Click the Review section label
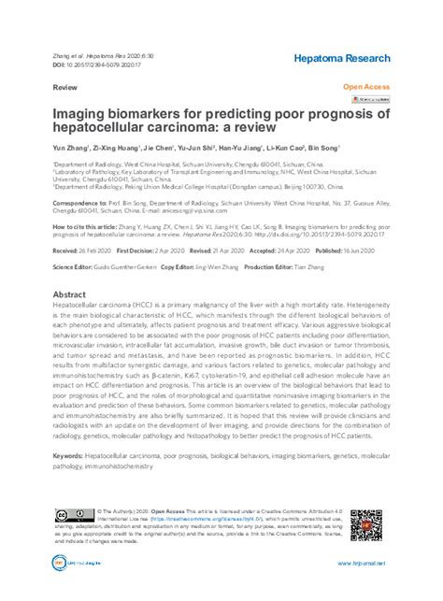pos(65,85)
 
